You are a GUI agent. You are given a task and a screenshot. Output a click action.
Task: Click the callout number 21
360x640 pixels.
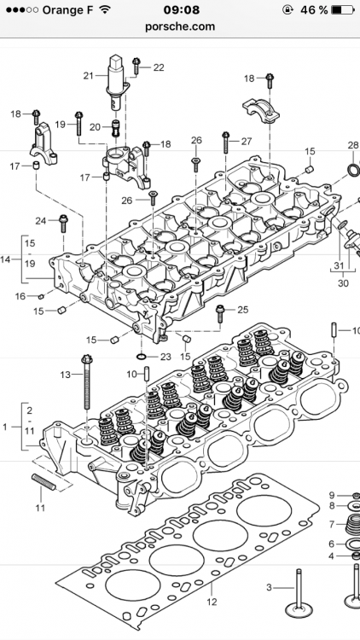click(x=89, y=75)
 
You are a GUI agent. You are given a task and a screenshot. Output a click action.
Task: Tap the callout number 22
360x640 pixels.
click(x=159, y=67)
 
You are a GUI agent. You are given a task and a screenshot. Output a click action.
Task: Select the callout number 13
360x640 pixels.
click(x=66, y=375)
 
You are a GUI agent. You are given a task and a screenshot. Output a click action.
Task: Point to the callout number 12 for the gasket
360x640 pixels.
click(x=212, y=602)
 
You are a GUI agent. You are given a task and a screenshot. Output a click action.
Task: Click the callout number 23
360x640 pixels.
click(x=165, y=358)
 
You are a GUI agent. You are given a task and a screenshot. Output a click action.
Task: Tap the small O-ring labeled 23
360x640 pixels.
click(x=142, y=358)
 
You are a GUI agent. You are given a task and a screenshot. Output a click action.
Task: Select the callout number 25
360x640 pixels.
click(x=243, y=310)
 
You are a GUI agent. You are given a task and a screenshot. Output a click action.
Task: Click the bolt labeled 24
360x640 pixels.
click(x=64, y=224)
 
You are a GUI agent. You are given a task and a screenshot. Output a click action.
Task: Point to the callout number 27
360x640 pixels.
click(x=247, y=141)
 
